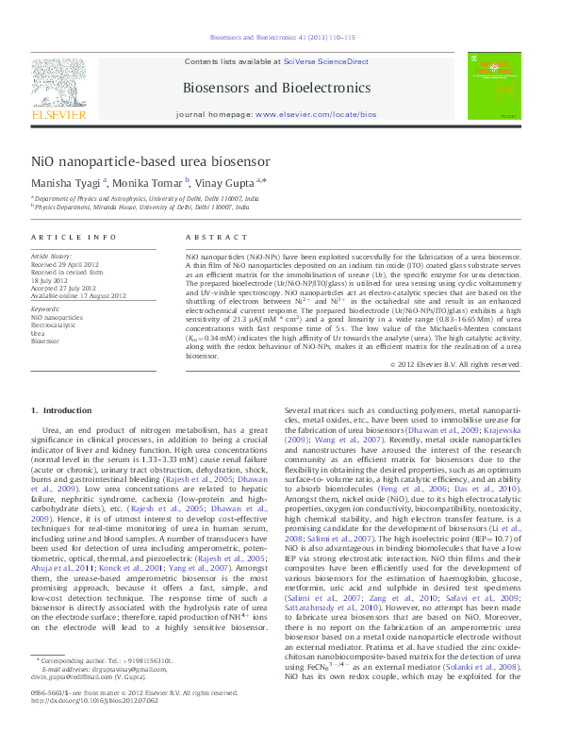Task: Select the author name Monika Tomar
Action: click(152, 183)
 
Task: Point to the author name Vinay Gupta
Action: click(229, 183)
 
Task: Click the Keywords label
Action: click(46, 309)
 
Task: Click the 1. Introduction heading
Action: click(62, 410)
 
